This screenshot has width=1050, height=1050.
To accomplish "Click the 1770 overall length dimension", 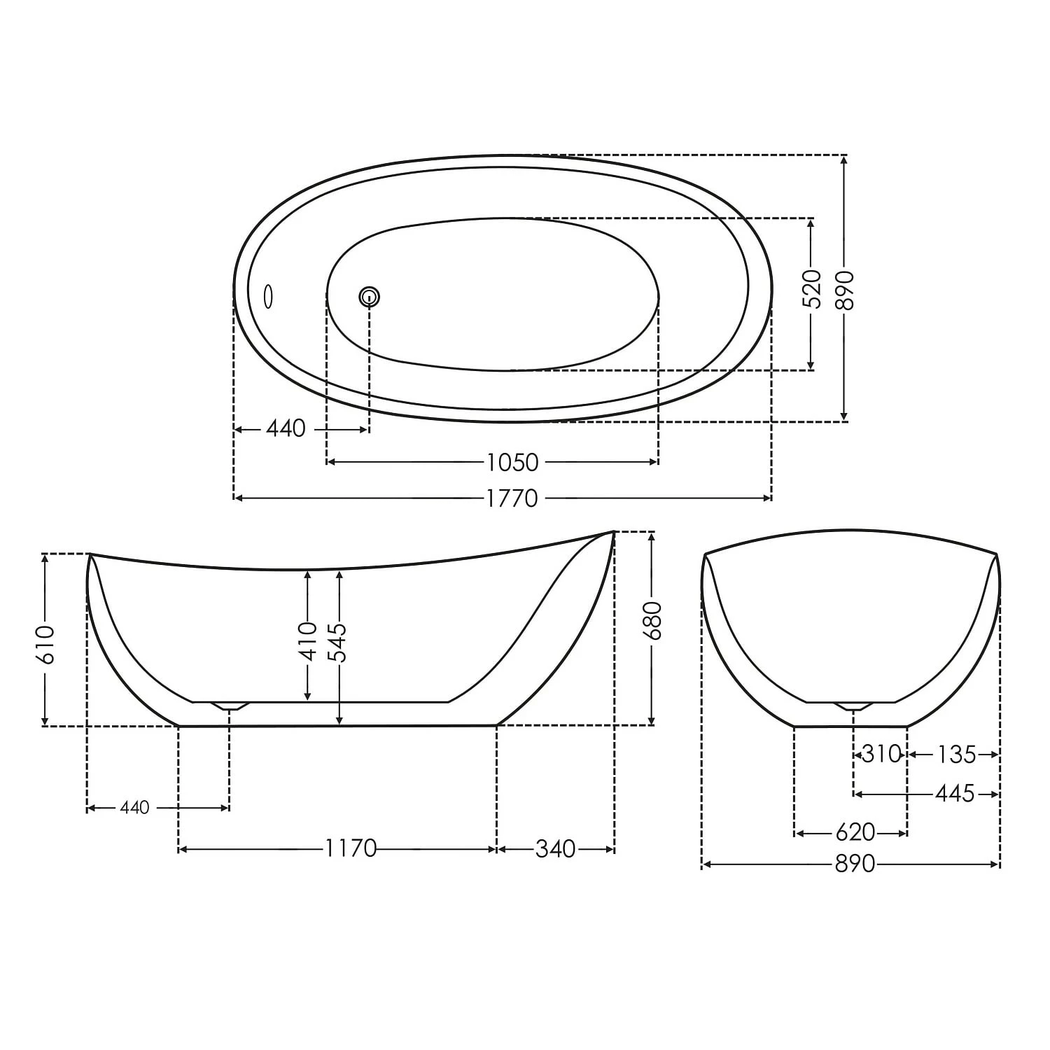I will click(x=512, y=498).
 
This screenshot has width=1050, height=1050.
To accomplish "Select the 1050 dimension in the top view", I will click(x=512, y=463).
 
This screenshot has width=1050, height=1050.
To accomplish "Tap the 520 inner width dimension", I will click(x=811, y=288).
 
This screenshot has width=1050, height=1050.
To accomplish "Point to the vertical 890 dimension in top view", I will click(x=845, y=289).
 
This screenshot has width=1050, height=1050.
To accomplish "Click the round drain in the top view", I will click(x=370, y=297).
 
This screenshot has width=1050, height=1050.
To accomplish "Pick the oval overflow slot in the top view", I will click(x=267, y=297).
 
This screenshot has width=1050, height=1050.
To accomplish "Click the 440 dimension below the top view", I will click(x=286, y=428).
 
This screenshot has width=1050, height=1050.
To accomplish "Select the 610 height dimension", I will click(x=45, y=643).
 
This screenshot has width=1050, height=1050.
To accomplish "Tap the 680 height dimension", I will click(x=652, y=620).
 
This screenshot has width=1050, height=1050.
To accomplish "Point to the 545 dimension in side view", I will click(x=339, y=642).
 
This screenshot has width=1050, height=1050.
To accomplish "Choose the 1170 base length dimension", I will click(x=350, y=849).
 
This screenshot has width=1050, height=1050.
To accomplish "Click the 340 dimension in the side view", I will click(x=555, y=849).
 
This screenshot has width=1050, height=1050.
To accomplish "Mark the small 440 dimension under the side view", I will click(x=134, y=808).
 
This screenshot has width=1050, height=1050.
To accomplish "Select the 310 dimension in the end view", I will click(x=880, y=755).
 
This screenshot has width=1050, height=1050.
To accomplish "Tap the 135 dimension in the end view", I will click(x=956, y=755).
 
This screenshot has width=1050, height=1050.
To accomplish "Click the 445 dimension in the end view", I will click(x=955, y=794).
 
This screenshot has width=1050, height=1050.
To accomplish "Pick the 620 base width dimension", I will click(x=855, y=833).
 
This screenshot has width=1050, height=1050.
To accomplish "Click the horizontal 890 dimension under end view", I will click(x=854, y=864).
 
